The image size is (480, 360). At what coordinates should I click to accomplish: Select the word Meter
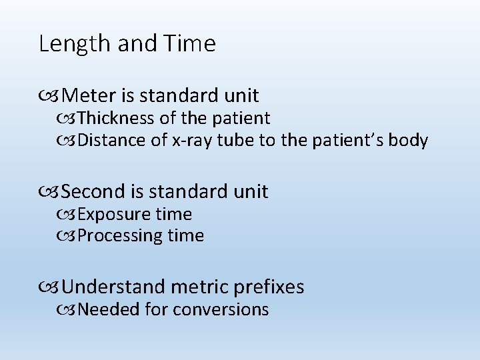(x=92, y=96)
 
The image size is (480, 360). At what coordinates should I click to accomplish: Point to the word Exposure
(x=115, y=215)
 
